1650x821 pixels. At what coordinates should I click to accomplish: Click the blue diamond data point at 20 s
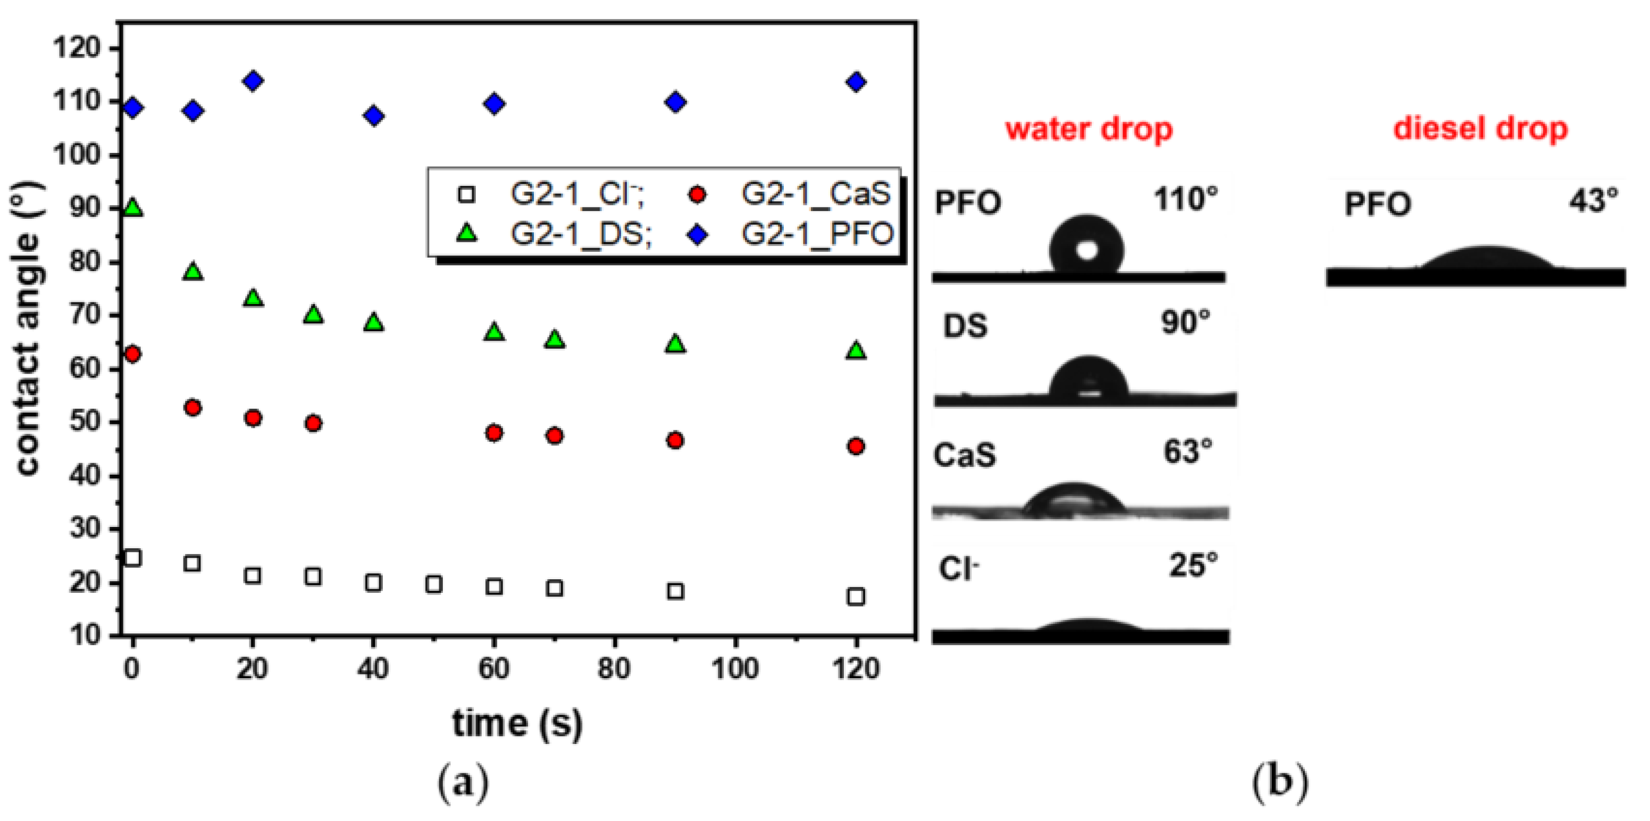tap(253, 81)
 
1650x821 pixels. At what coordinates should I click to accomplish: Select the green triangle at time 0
tap(132, 208)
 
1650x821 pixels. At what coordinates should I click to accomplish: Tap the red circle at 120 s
tap(856, 446)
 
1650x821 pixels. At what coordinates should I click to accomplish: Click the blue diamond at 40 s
tap(374, 116)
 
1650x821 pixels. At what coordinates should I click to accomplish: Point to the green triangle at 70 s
tap(555, 339)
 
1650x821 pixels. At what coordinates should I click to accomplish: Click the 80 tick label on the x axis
tap(614, 669)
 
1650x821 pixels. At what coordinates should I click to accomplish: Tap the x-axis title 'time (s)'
tap(517, 723)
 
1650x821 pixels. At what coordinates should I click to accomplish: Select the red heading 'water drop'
tap(1089, 129)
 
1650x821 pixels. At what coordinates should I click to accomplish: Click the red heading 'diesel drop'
tap(1480, 129)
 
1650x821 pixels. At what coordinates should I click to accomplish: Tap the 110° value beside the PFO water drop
tap(1185, 200)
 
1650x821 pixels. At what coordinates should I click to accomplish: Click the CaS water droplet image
tap(1074, 500)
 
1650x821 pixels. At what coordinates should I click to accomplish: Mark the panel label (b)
tap(1280, 782)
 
